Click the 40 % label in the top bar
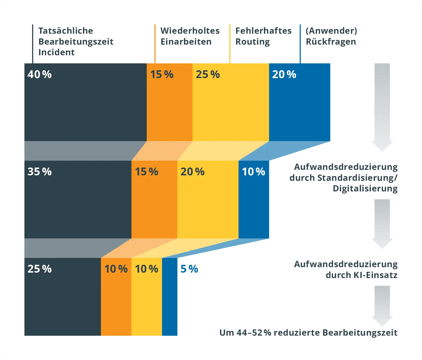40,75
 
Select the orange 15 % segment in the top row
169,100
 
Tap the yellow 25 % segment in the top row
230,100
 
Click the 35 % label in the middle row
40,172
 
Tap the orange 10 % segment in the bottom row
116,295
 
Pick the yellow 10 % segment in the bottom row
146,295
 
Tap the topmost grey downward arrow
383,106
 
